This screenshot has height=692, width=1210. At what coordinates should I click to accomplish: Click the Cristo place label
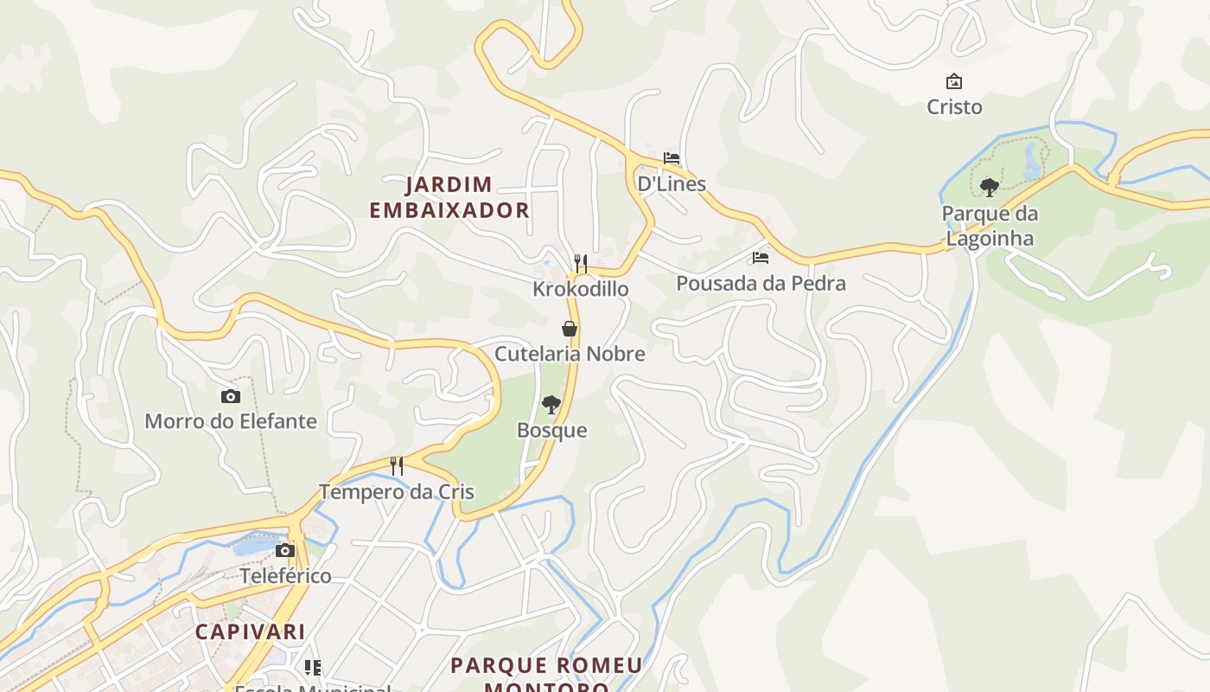coord(954,106)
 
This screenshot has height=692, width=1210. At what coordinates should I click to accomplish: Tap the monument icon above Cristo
coord(954,81)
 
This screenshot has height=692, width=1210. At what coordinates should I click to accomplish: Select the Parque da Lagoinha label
coord(990,226)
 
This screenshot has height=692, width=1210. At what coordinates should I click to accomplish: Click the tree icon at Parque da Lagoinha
coord(990,187)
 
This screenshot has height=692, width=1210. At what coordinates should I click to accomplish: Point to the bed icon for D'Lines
coord(672,158)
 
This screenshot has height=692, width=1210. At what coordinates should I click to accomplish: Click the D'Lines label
coord(672,183)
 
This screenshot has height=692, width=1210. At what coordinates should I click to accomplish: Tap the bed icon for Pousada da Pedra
coord(761,258)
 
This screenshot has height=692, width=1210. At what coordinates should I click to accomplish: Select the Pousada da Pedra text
coord(761,283)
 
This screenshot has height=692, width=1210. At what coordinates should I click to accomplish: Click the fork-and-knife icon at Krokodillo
coord(581,263)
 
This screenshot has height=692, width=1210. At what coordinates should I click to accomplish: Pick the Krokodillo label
coord(581,288)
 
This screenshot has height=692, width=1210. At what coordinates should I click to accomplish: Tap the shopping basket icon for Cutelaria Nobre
coord(570,329)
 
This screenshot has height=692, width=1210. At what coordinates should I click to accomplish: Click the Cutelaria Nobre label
coord(570,354)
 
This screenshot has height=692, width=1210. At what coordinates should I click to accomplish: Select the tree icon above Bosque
coord(551,405)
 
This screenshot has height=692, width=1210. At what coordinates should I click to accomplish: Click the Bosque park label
coord(551,430)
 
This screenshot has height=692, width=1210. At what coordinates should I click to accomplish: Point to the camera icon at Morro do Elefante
coord(231,396)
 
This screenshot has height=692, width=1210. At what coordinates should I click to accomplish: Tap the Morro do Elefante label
coord(231,421)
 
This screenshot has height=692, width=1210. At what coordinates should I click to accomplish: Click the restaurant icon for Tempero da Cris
coord(397,466)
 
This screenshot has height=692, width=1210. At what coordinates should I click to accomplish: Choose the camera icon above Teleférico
coord(285,550)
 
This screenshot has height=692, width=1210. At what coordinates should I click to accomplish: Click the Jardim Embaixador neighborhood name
coord(449,197)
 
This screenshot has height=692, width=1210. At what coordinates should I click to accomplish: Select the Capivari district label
coord(250,631)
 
